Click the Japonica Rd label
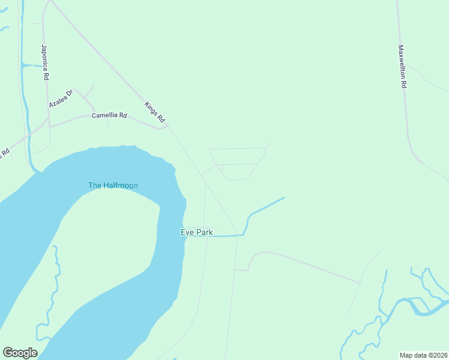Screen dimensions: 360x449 tap(45, 62)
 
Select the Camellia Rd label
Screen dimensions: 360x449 tap(109, 115)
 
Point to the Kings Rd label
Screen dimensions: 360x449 tap(154, 113)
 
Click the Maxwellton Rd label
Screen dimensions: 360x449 tap(402, 67)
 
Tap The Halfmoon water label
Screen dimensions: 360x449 tap(113, 185)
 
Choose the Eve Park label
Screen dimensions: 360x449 tap(197, 232)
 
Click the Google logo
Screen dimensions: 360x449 tap(20, 353)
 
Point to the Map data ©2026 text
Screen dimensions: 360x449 tap(423, 355)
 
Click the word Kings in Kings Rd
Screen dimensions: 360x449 tap(151, 109)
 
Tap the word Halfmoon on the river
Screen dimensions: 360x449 tap(121, 185)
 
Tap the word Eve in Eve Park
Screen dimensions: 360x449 tap(187, 232)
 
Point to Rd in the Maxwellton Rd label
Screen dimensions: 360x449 tap(403, 85)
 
